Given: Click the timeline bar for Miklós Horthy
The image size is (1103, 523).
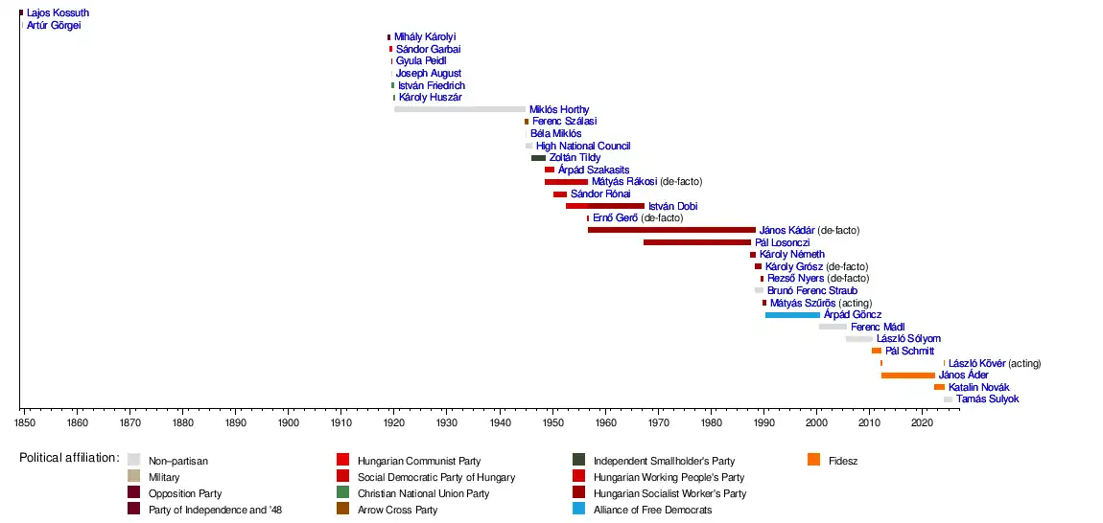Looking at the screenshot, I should pos(459,109).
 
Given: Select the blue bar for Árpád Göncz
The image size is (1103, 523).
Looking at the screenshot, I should pos(792,314).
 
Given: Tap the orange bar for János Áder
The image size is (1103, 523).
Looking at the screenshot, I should pos(907,375).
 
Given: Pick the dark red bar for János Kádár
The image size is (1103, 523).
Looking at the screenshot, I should pos(671,230).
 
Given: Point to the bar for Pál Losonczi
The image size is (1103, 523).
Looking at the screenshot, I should pos(696,242).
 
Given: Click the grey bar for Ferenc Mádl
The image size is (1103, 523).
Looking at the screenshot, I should pos(833,327).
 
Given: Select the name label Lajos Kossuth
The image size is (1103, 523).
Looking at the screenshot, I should pos(58,13).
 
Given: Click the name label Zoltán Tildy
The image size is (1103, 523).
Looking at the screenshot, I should pos(575,157).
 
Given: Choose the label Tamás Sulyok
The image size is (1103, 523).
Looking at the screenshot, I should pos(987,398).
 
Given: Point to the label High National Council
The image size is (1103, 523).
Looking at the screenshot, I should pos(583,146).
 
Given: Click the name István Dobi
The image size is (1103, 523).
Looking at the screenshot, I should pos(672,206).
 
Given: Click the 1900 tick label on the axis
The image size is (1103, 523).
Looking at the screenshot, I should pos(288,421).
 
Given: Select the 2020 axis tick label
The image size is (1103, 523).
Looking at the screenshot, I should pos(922,421).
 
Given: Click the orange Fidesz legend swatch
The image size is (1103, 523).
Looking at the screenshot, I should pos(814,460).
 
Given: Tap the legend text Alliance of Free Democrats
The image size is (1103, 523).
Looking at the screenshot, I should pos(652,510).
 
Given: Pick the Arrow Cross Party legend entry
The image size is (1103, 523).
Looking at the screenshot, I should pos(397,510).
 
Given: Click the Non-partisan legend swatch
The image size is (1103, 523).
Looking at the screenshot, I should pos(134,460).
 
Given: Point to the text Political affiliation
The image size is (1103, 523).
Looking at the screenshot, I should pos(69,458).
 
